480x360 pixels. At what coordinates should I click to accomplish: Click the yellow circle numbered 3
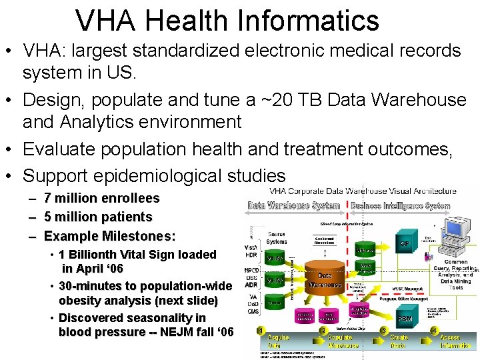click(383, 331)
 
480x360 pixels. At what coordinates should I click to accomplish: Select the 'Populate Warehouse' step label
click(343, 341)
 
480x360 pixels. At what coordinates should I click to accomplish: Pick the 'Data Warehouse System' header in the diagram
click(294, 206)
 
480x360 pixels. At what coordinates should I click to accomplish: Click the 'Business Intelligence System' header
click(400, 206)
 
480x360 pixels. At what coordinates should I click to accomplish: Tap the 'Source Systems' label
click(276, 238)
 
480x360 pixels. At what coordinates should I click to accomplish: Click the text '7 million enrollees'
click(101, 198)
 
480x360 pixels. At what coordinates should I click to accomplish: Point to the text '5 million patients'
click(98, 217)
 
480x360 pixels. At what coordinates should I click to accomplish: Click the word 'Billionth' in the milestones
click(97, 254)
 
